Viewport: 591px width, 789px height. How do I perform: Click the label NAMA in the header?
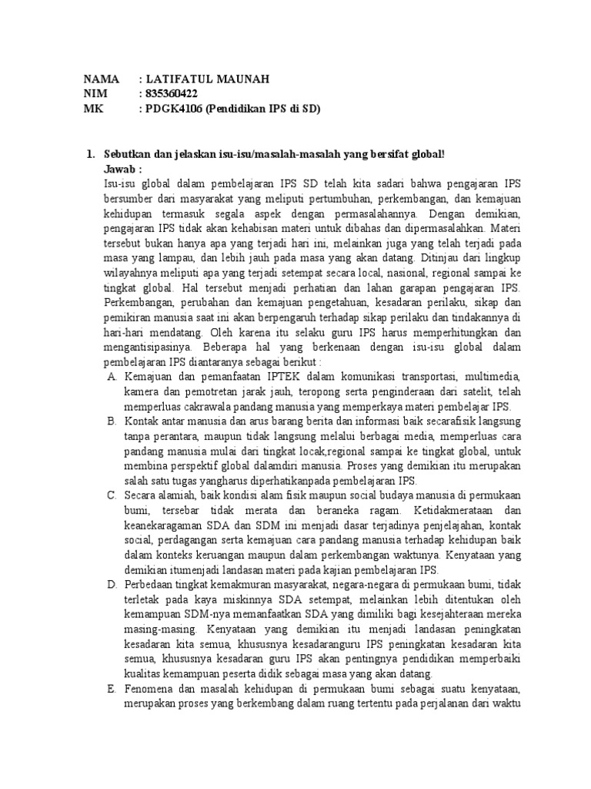[102, 79]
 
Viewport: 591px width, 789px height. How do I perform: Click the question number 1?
[90, 155]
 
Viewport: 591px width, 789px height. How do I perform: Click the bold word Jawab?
[122, 169]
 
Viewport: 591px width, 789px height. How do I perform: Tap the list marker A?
[111, 377]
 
